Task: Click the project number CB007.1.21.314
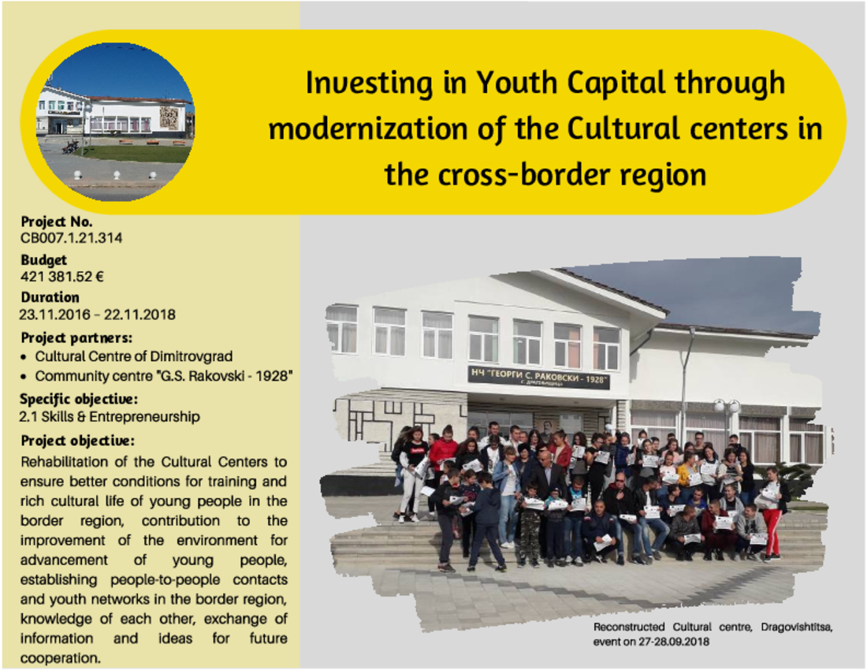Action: click(71, 238)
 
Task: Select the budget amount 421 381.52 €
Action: click(62, 277)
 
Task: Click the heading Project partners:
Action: click(76, 338)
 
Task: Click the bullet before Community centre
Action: click(23, 377)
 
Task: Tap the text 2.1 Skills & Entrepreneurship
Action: click(110, 417)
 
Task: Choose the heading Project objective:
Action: click(77, 441)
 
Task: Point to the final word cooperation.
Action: click(61, 658)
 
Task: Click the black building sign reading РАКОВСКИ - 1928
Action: click(538, 378)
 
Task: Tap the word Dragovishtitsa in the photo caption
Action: click(797, 627)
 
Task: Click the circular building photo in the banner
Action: click(115, 122)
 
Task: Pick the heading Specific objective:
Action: click(79, 399)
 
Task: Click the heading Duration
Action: click(50, 297)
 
